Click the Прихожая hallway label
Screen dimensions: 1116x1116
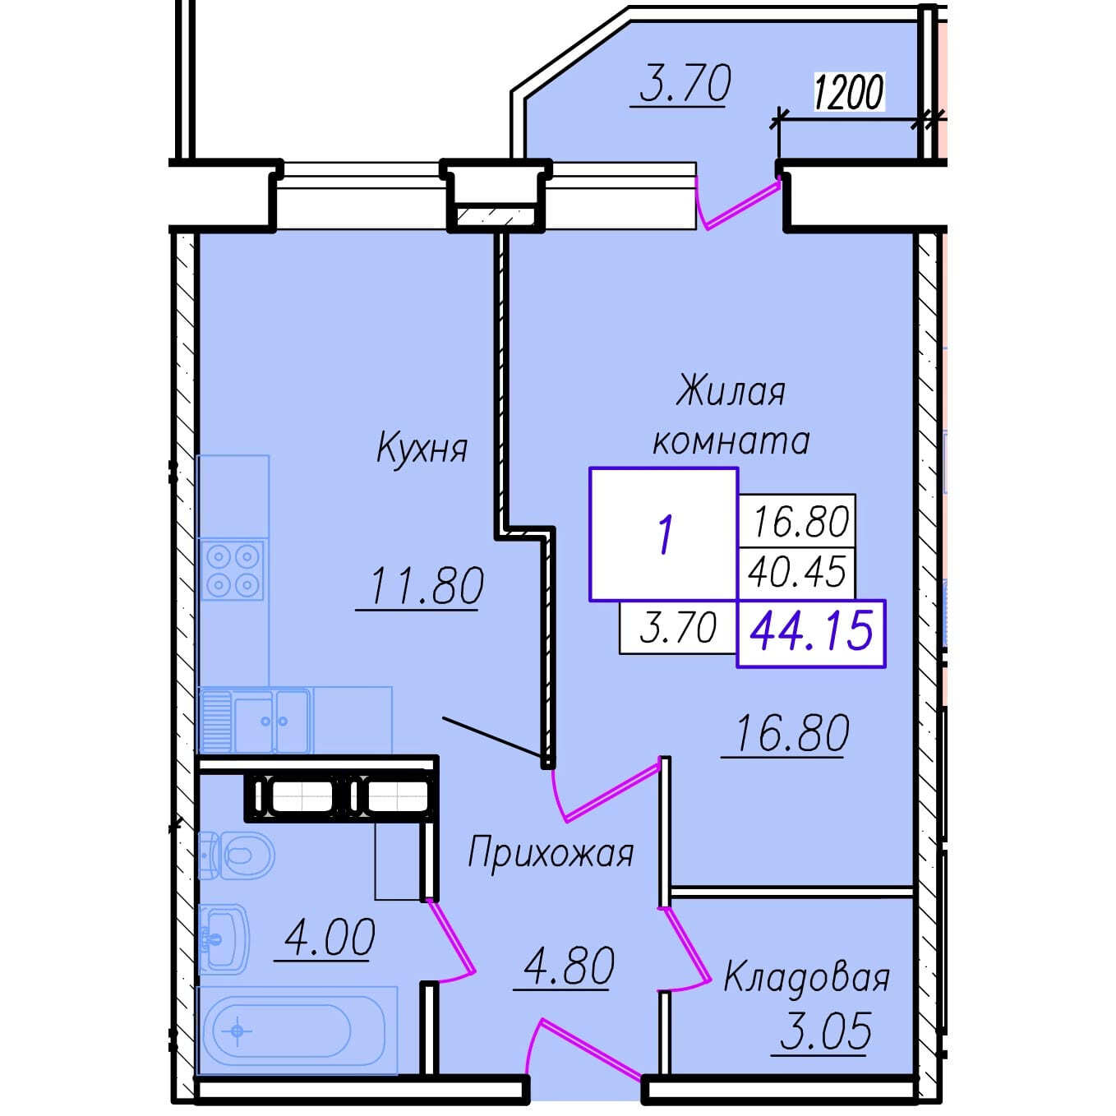[551, 854]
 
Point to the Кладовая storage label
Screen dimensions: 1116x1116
[807, 978]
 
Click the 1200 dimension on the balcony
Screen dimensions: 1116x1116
[850, 91]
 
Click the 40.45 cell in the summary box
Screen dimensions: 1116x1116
[797, 572]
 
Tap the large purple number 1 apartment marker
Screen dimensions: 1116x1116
[666, 535]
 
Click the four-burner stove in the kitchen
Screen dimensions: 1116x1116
[233, 570]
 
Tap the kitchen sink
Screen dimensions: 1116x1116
[255, 720]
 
